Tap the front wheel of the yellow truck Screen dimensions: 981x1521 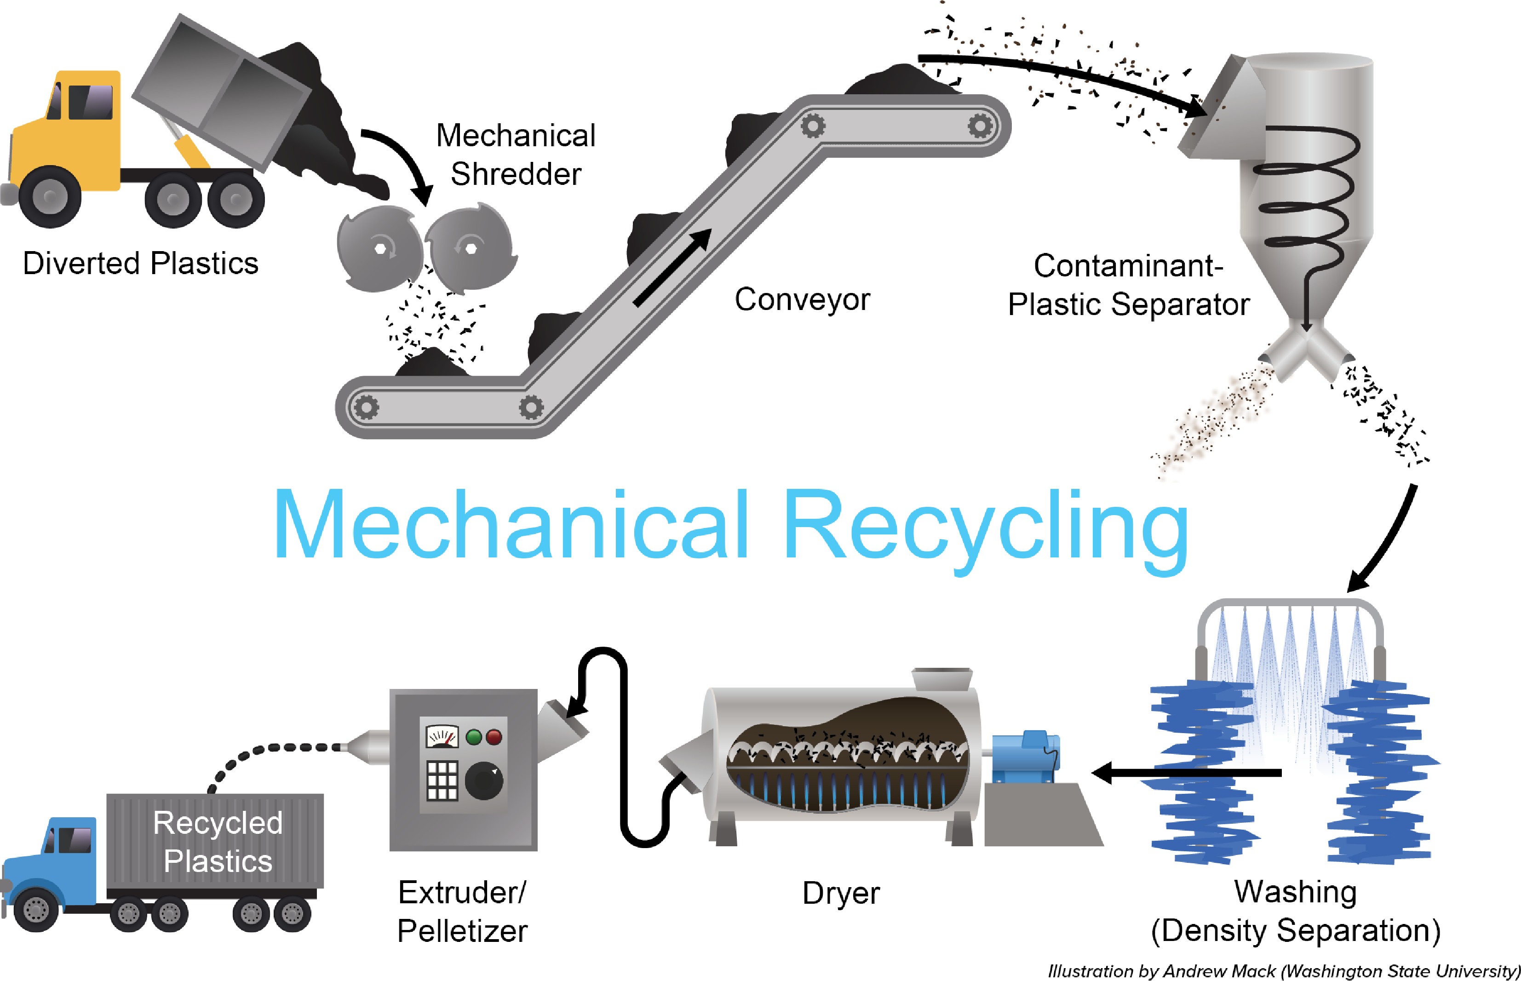(x=50, y=197)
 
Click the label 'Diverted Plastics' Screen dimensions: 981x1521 (x=140, y=263)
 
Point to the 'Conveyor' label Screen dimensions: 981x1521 (x=802, y=299)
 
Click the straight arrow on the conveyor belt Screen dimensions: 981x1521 (x=672, y=268)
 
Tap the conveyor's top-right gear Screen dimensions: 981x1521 (x=980, y=126)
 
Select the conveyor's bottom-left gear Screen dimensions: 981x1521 (x=366, y=407)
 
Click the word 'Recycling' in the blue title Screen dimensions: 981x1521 (x=985, y=526)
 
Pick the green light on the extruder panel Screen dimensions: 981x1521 (x=474, y=737)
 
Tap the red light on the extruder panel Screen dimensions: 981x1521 (x=494, y=737)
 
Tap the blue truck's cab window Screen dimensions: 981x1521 (x=71, y=840)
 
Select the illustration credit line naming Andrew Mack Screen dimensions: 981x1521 (x=1283, y=971)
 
